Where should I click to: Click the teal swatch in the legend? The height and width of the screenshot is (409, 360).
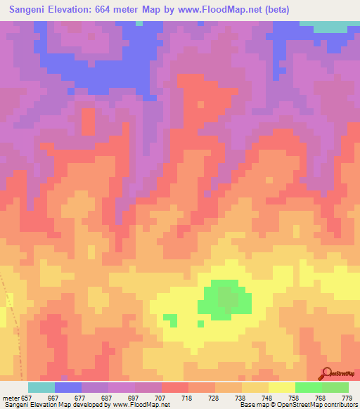point(41,387)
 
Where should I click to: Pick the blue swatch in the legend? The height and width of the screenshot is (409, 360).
point(68,387)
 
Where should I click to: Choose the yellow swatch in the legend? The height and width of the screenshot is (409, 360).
point(282,387)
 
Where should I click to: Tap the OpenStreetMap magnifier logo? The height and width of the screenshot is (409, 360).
point(326,372)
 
